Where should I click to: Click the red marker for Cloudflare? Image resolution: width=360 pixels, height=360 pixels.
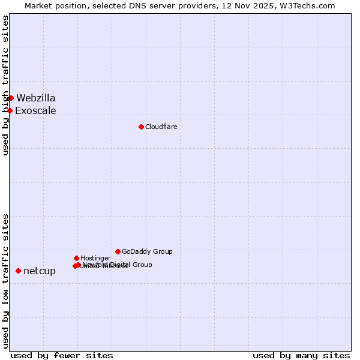[x=141, y=127]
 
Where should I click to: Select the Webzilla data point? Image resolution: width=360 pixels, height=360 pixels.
[x=11, y=98]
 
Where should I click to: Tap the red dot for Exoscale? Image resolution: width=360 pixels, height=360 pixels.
[x=10, y=110]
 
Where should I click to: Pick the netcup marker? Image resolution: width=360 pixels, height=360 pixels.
[x=18, y=271]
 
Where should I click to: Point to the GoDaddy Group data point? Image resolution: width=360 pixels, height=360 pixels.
[x=118, y=251]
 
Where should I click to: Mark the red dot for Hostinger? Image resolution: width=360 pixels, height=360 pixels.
[x=76, y=258]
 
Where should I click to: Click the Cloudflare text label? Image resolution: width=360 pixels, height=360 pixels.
[x=161, y=127]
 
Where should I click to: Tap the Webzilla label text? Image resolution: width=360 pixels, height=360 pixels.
[x=36, y=98]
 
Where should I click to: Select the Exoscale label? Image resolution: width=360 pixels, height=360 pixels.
[x=35, y=110]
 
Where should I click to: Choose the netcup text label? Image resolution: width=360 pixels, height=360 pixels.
[x=40, y=271]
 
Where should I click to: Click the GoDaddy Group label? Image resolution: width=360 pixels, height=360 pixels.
[x=147, y=251]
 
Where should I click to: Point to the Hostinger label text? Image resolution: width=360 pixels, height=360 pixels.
[x=95, y=258]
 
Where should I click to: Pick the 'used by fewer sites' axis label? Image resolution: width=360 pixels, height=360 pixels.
[x=62, y=355]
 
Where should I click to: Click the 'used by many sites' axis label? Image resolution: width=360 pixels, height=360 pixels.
[x=301, y=355]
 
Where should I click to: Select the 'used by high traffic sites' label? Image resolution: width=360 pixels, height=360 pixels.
[x=5, y=85]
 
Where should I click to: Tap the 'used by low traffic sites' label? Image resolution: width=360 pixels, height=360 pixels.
[x=5, y=281]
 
